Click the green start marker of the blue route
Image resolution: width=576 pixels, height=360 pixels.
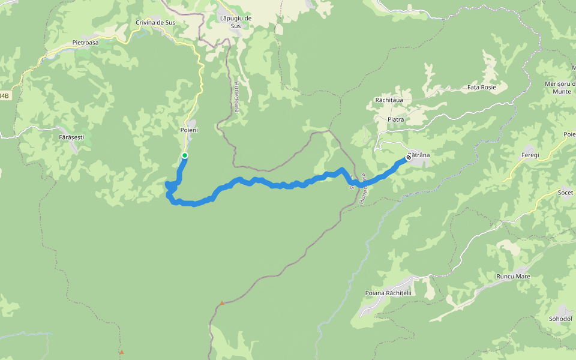pos(185,156)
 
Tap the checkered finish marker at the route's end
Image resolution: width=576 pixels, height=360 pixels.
pos(409,157)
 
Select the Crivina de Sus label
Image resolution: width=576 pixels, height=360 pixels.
pos(154,23)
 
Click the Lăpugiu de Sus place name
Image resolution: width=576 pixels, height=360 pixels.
pos(235,22)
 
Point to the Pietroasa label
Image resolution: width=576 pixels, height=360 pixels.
pos(85,43)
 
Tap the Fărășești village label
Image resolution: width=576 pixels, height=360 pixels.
pos(72,137)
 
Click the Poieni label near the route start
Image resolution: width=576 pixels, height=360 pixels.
pos(189,130)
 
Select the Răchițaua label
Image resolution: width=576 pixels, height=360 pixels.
pos(389,100)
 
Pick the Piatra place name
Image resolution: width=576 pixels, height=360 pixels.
pos(395,119)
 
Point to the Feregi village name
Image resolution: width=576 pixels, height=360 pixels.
pos(530,155)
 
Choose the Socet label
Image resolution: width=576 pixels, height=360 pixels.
pos(565,193)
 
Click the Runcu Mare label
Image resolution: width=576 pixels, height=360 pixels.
pos(513,277)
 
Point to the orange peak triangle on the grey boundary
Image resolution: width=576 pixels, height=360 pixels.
pos(222,303)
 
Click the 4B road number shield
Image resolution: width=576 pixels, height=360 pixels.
pos(5,96)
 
